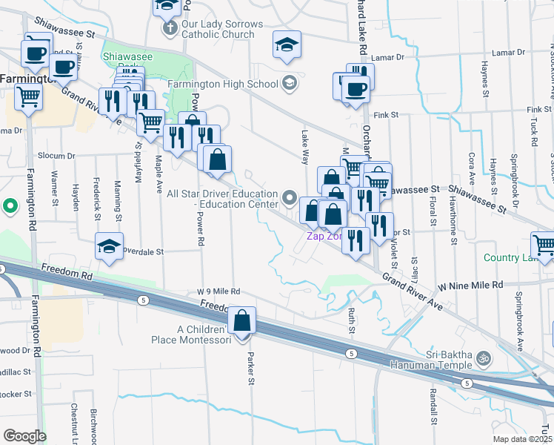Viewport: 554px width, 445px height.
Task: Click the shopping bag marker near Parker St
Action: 243,321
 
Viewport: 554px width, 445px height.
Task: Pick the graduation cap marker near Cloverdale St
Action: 109,247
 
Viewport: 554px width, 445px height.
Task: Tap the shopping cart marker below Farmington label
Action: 29,96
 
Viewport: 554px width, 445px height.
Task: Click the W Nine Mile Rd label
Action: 470,285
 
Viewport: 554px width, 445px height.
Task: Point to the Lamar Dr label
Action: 388,57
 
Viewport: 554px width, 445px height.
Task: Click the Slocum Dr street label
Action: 59,156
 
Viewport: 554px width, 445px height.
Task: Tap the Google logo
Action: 25,436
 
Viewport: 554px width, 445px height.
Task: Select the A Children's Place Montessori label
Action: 203,334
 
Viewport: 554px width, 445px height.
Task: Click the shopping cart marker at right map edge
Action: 543,245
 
